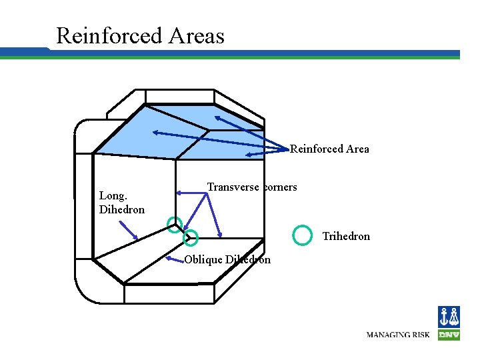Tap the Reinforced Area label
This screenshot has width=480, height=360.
[x=329, y=149]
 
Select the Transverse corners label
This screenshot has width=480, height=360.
[x=252, y=187]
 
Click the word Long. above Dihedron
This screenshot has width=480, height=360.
[x=113, y=196]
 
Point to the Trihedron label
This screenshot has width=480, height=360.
[x=346, y=237]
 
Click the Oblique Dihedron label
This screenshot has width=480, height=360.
[x=227, y=260]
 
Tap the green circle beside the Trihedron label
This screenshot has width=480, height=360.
[x=303, y=235]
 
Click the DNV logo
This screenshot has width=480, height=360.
[x=449, y=323]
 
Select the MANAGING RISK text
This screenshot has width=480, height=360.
[x=398, y=334]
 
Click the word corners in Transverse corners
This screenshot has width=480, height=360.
[x=280, y=187]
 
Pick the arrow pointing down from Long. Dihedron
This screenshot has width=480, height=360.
[x=129, y=230]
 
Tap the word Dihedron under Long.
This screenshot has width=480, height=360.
[x=122, y=209]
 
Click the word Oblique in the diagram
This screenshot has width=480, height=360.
[x=203, y=260]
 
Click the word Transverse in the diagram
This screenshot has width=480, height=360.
[x=233, y=187]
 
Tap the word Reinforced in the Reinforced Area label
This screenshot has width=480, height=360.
[x=316, y=149]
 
